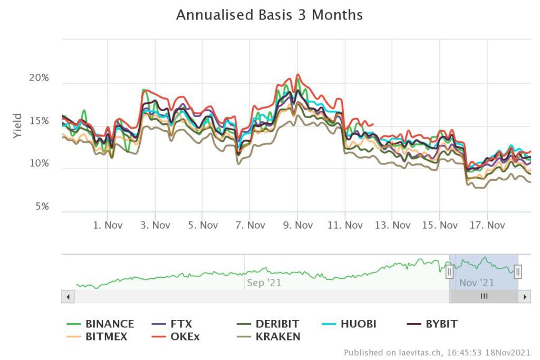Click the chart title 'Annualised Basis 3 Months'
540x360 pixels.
coord(269,15)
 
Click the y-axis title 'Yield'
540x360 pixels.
coord(18,125)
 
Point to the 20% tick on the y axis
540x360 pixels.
coord(38,78)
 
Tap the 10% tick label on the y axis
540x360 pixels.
coord(38,164)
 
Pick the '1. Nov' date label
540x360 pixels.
coord(108,226)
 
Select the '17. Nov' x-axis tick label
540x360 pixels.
coord(487,226)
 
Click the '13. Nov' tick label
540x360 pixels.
coord(392,226)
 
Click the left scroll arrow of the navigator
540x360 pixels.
coord(68,297)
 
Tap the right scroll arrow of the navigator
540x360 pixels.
coord(524,297)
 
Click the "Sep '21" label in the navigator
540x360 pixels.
coord(264,283)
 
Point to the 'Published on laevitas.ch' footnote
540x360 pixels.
coord(437,353)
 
